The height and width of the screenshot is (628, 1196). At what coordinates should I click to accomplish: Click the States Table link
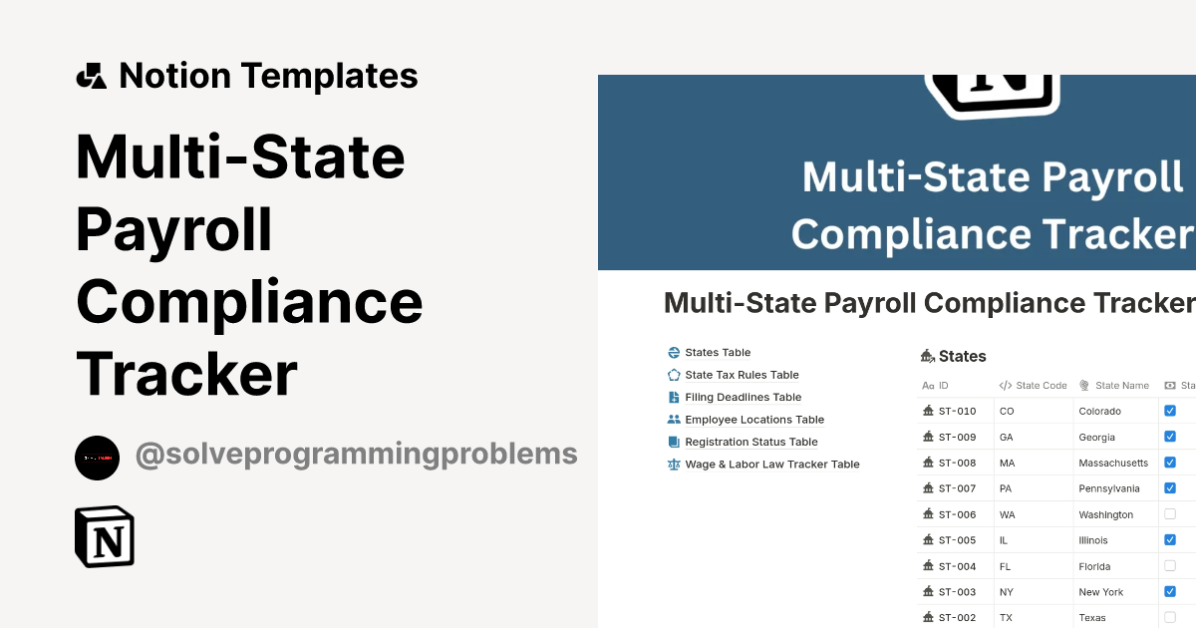coord(718,353)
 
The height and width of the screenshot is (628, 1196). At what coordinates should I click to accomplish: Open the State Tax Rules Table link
coord(742,375)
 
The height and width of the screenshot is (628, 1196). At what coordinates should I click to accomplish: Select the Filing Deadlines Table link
coord(743,398)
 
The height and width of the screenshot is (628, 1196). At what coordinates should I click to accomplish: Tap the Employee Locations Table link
coord(754,420)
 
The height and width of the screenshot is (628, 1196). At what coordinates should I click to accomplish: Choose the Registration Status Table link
coord(750,442)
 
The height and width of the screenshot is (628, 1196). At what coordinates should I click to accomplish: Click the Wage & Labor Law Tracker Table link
coord(771,465)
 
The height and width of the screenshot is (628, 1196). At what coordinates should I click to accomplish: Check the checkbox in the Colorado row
coord(1170,411)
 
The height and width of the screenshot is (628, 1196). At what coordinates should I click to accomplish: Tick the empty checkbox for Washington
coord(1170,514)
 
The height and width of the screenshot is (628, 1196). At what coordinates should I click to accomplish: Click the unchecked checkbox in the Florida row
coord(1170,566)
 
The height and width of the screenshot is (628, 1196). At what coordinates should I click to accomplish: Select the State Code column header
coord(1041,386)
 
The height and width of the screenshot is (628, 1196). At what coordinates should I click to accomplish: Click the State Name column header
coord(1121,386)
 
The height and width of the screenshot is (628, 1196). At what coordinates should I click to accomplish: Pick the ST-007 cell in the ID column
coord(957,488)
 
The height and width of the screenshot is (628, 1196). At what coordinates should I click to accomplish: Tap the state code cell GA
coord(1007,437)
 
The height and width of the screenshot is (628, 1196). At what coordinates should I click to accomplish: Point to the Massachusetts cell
coord(1112,463)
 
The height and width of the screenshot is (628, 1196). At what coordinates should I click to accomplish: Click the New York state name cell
coord(1100,592)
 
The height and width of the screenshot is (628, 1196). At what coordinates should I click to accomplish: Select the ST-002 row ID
coord(957,618)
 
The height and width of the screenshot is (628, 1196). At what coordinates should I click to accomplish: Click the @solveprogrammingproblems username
coord(356,455)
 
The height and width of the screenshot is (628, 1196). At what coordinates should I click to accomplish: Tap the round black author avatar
coord(97,458)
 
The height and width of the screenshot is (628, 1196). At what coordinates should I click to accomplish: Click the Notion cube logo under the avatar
coord(105,537)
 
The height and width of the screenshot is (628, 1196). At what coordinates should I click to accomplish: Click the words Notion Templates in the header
coord(268,76)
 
